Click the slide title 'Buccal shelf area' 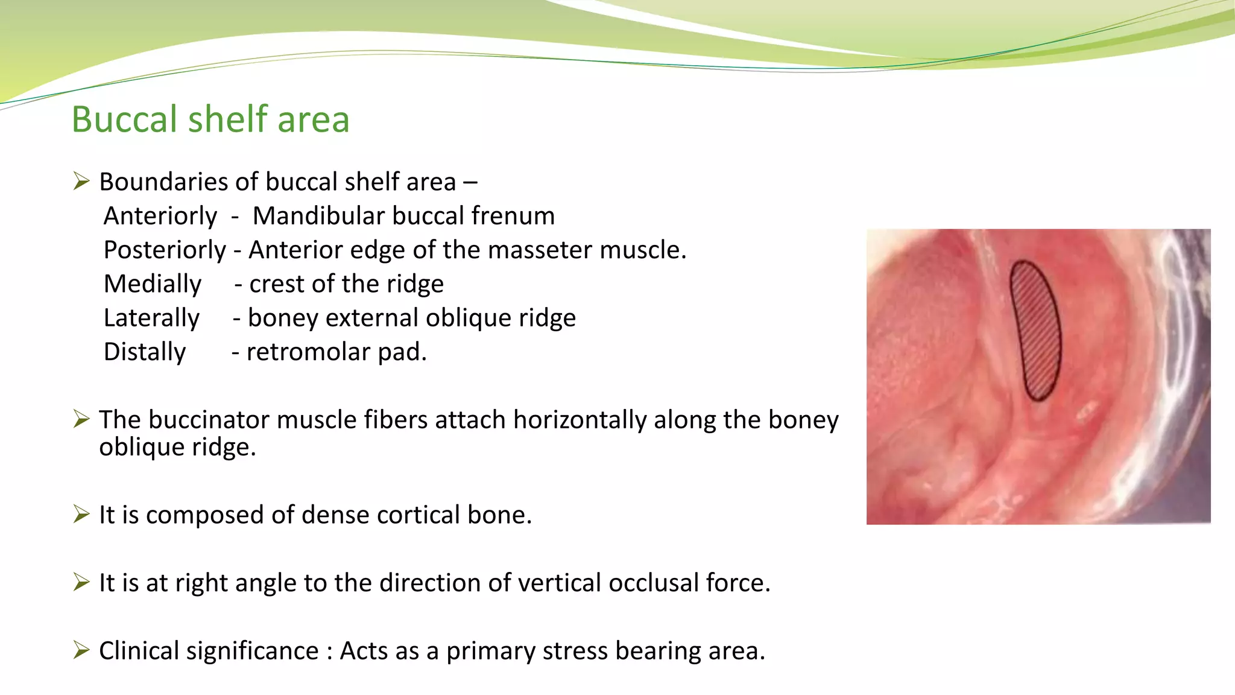click(210, 119)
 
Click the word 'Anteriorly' click(160, 216)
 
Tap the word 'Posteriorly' click(165, 250)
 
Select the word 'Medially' click(152, 284)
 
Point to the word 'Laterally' click(151, 318)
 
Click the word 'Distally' click(145, 352)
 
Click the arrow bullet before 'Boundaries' click(81, 181)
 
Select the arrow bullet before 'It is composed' click(81, 514)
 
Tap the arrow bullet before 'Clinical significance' click(81, 650)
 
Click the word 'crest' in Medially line click(272, 284)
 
